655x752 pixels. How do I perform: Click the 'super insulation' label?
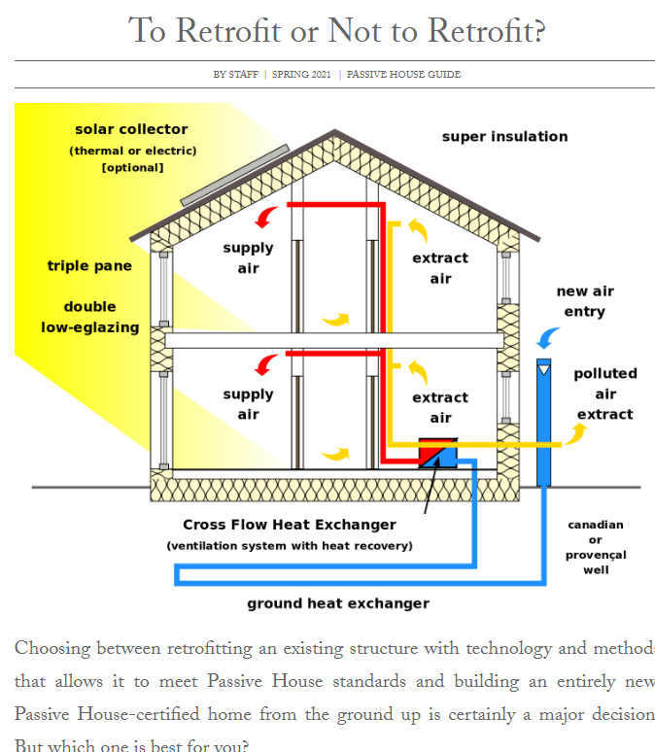click(504, 137)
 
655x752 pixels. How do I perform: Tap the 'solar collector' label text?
click(131, 129)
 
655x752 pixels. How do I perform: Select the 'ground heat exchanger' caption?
click(337, 603)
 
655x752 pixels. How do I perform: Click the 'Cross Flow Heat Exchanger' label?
click(290, 525)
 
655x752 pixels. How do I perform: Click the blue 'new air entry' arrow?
click(548, 337)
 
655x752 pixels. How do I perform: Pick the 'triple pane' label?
click(89, 266)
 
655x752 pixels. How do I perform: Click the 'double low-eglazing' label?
click(89, 318)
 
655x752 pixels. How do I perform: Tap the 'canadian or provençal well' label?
click(596, 547)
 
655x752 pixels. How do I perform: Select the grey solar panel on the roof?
click(234, 176)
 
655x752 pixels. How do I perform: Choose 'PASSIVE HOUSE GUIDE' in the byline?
click(403, 75)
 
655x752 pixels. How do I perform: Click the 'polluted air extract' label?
click(604, 393)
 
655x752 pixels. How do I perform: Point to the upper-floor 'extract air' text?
click(440, 268)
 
